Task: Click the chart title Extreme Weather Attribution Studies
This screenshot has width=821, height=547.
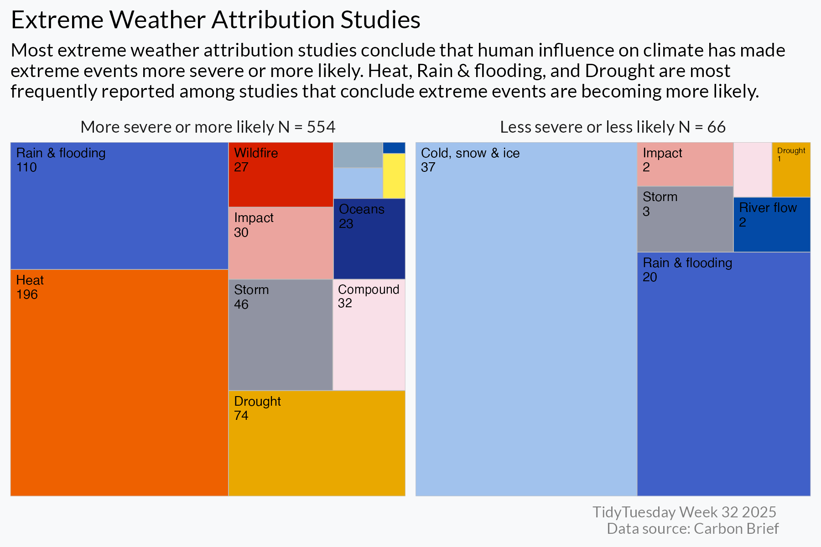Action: [215, 20]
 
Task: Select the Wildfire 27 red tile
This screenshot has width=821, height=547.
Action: [281, 175]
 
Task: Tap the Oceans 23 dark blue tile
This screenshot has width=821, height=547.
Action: [369, 239]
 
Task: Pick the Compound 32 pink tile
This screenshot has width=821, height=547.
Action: [369, 335]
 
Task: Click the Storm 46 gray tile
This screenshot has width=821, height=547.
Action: [281, 335]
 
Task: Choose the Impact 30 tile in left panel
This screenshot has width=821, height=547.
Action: [281, 243]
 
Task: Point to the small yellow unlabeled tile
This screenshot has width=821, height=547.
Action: [394, 176]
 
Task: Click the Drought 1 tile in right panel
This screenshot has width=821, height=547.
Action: [791, 170]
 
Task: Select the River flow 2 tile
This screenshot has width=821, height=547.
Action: [772, 224]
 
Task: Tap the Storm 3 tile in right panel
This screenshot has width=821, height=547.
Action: [685, 219]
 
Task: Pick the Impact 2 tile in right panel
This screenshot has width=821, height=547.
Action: [685, 165]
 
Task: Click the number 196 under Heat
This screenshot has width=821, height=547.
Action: [27, 294]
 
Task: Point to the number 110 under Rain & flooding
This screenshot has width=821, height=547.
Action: [26, 167]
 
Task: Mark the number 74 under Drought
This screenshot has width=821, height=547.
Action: [241, 416]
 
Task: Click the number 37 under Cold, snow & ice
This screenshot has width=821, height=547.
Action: [428, 167]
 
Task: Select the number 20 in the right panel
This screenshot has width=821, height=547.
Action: [650, 277]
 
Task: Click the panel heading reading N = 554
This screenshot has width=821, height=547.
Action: [208, 127]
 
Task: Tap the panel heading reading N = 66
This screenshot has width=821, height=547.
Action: [613, 127]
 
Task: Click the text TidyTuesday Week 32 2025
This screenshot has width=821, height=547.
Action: [684, 512]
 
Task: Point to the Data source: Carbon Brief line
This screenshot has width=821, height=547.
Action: [692, 529]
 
